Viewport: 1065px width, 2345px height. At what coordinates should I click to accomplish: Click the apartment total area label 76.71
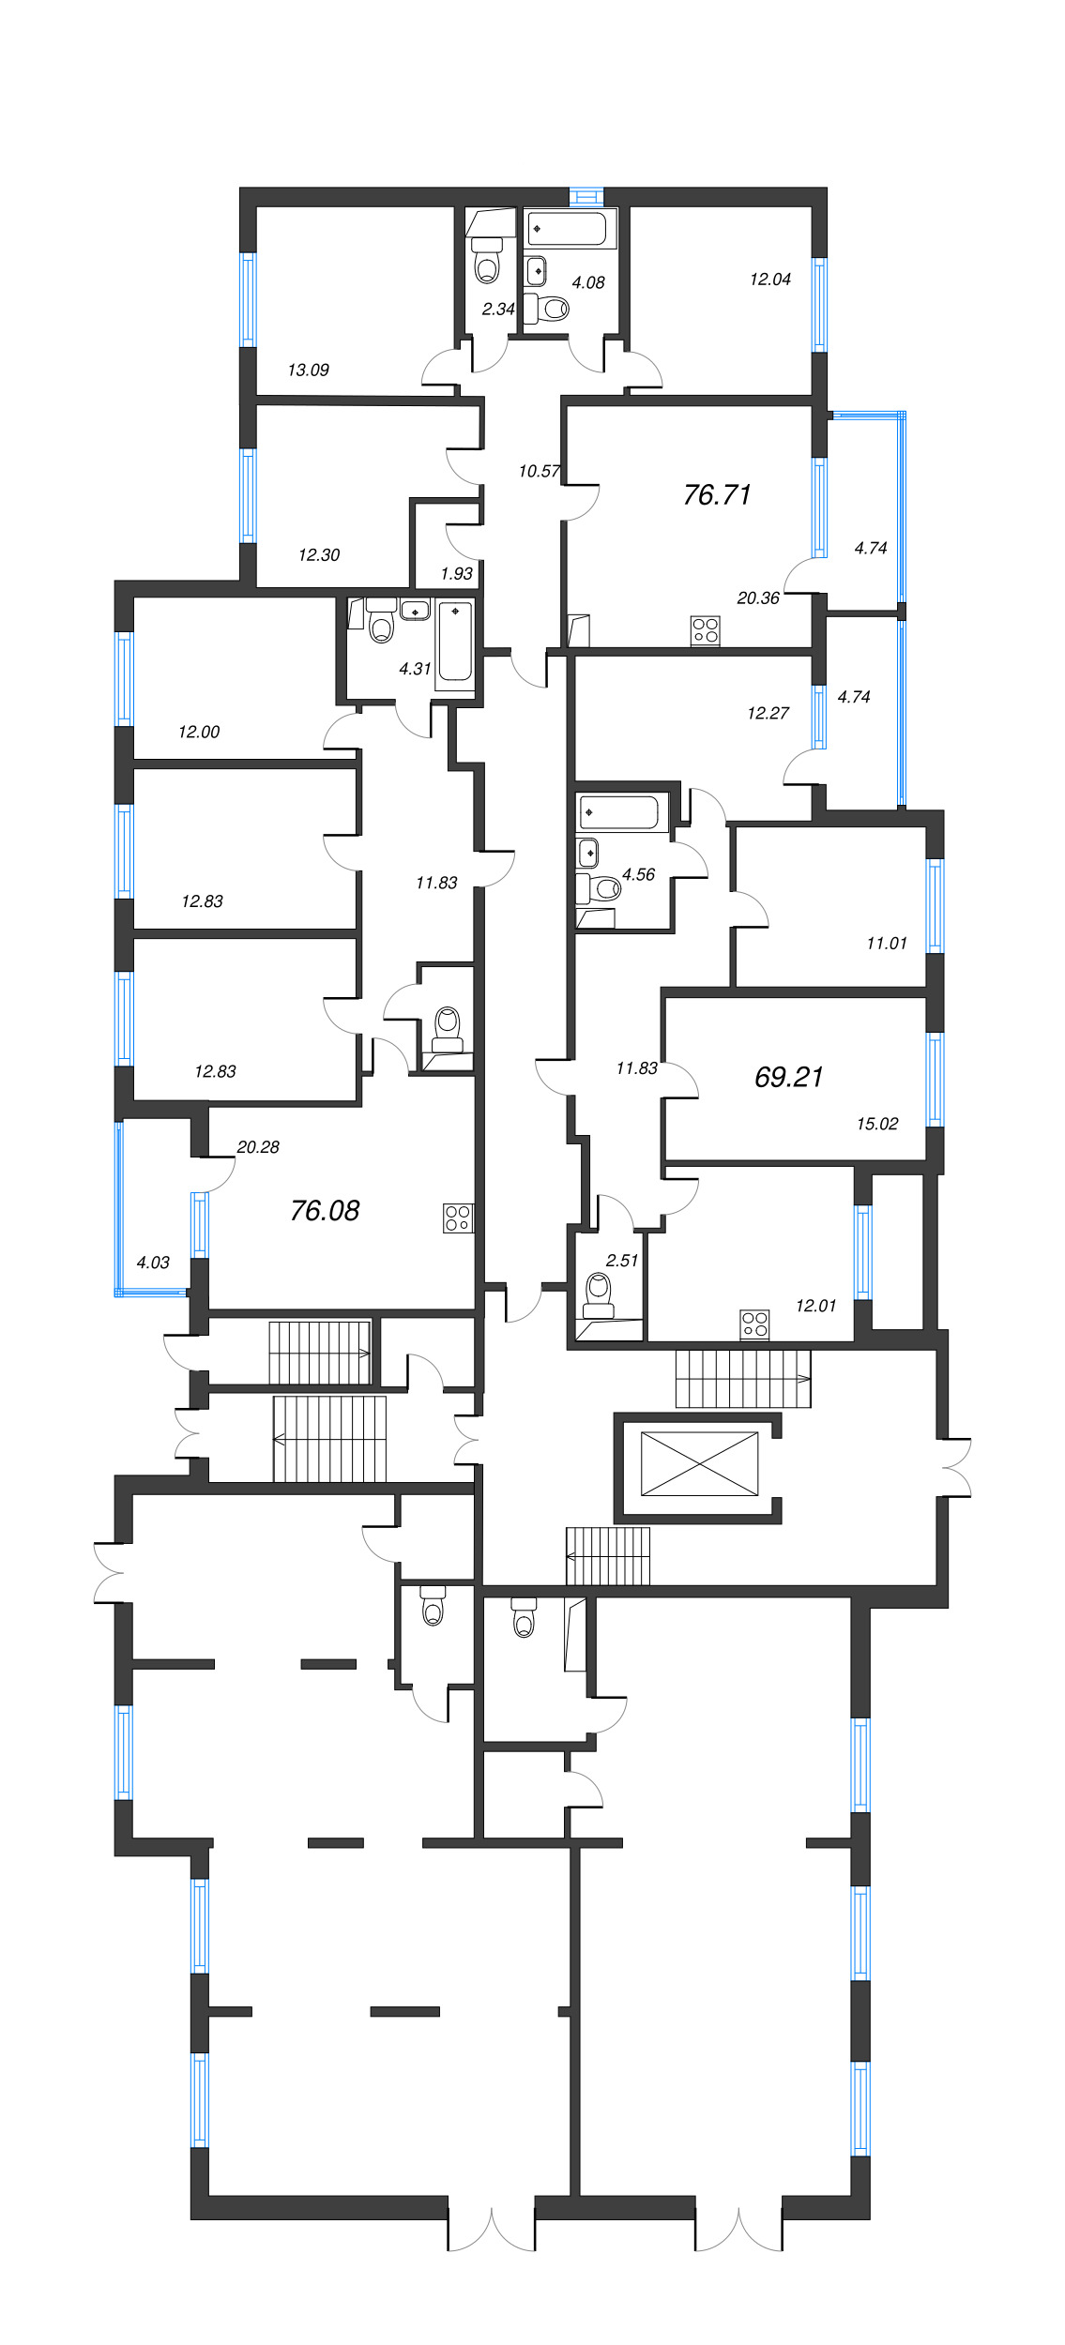[x=717, y=494]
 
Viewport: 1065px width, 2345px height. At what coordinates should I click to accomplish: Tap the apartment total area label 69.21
[x=788, y=1077]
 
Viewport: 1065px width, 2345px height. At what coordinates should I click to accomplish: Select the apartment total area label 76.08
[x=325, y=1211]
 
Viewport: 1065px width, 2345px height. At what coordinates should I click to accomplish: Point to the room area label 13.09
[x=308, y=371]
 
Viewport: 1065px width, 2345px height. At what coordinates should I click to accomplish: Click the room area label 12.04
[x=769, y=280]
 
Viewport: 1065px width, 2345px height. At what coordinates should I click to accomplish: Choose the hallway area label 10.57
[x=539, y=472]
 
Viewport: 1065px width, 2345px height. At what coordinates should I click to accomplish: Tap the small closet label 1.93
[x=456, y=574]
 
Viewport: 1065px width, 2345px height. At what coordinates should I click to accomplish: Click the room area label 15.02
[x=876, y=1124]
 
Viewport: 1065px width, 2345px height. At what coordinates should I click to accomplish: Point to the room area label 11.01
[x=886, y=944]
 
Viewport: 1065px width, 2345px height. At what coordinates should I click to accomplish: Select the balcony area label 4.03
[x=153, y=1263]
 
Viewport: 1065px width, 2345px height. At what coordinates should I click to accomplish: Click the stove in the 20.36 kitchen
[x=705, y=630]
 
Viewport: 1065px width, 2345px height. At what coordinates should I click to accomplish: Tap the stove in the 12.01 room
[x=754, y=1324]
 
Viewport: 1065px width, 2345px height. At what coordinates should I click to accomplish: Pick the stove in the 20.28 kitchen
[x=458, y=1218]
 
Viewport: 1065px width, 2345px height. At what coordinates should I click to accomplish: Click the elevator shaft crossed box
[x=699, y=1463]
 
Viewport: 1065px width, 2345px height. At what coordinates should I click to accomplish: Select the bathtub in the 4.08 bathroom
[x=568, y=228]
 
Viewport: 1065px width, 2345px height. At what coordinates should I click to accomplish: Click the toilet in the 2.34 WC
[x=486, y=265]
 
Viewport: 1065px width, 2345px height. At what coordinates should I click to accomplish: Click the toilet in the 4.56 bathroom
[x=605, y=887]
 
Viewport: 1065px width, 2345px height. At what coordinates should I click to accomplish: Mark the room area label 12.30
[x=318, y=555]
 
